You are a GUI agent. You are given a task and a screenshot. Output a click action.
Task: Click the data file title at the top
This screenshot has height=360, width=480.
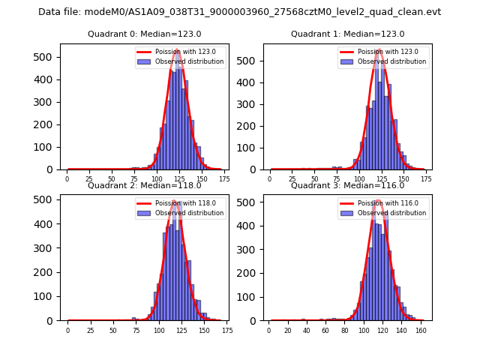(x=239, y=12)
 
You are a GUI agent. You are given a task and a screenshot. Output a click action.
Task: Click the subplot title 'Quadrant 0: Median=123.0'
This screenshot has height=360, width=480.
(x=144, y=34)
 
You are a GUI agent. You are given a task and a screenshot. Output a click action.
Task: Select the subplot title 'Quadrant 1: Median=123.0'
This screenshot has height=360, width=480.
(x=347, y=34)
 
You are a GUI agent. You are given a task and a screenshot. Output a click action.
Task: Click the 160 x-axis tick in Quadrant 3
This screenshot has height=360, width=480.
(x=421, y=330)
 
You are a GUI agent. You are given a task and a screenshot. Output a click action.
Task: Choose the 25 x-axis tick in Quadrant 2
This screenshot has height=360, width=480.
(x=90, y=330)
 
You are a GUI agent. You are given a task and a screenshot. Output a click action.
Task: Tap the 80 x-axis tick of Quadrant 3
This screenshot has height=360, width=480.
(x=345, y=330)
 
